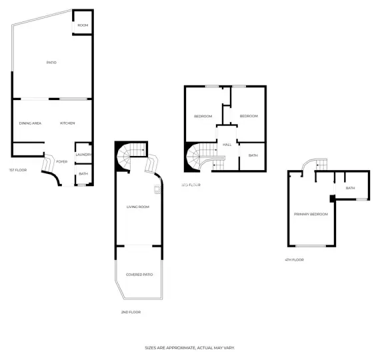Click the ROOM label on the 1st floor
(x=83, y=25)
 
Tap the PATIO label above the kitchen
(x=51, y=63)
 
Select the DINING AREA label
(x=31, y=123)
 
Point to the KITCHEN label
(x=67, y=123)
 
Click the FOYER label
(x=61, y=161)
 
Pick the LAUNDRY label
(x=83, y=155)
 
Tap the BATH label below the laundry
(x=83, y=174)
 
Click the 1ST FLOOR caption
(x=17, y=170)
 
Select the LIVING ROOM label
(x=137, y=207)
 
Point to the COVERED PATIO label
(x=139, y=274)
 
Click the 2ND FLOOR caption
(x=130, y=312)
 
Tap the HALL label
(x=227, y=145)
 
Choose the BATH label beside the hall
(x=253, y=155)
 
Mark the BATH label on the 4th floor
(x=350, y=188)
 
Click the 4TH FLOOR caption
(x=293, y=259)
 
